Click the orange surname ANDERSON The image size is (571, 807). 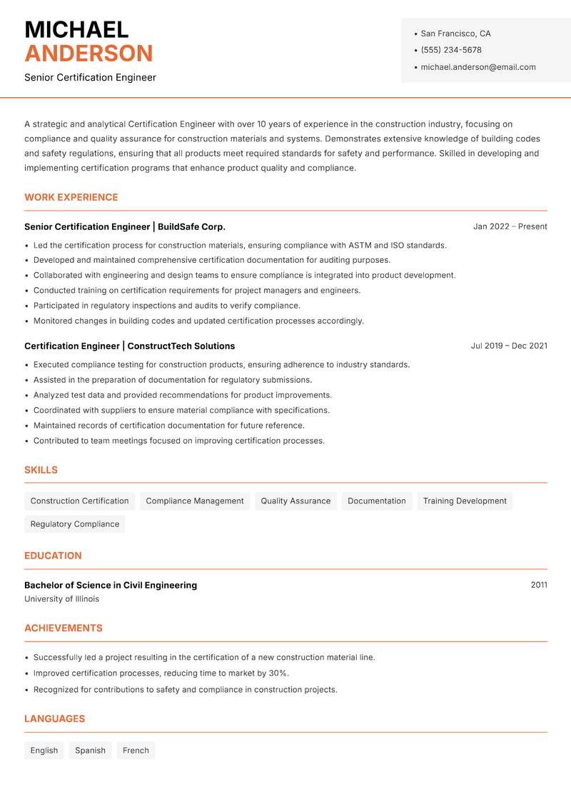(89, 54)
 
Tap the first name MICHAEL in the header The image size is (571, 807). (76, 30)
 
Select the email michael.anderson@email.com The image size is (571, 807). (478, 67)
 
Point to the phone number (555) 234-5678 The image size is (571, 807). (451, 50)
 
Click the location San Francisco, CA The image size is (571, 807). (455, 34)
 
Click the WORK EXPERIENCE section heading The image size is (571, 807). (71, 197)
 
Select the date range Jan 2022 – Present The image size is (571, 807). (510, 226)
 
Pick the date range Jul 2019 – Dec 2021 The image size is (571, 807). (509, 346)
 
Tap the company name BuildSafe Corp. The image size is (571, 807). (191, 226)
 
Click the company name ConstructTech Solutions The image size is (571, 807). (181, 346)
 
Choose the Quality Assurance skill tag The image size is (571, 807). (295, 501)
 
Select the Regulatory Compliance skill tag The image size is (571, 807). (75, 523)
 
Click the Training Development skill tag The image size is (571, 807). (465, 501)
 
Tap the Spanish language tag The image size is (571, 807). (90, 750)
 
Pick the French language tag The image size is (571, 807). (136, 750)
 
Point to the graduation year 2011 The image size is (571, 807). (539, 585)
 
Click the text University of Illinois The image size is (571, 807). (62, 599)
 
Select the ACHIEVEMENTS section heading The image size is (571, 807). (64, 628)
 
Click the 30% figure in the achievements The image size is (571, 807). (278, 673)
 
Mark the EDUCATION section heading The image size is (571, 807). (53, 556)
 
